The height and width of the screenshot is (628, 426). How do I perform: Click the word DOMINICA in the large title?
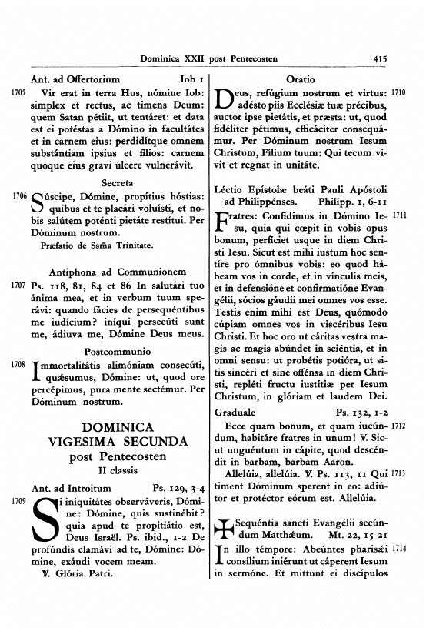(118, 427)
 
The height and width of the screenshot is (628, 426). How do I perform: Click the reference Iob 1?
(190, 78)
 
